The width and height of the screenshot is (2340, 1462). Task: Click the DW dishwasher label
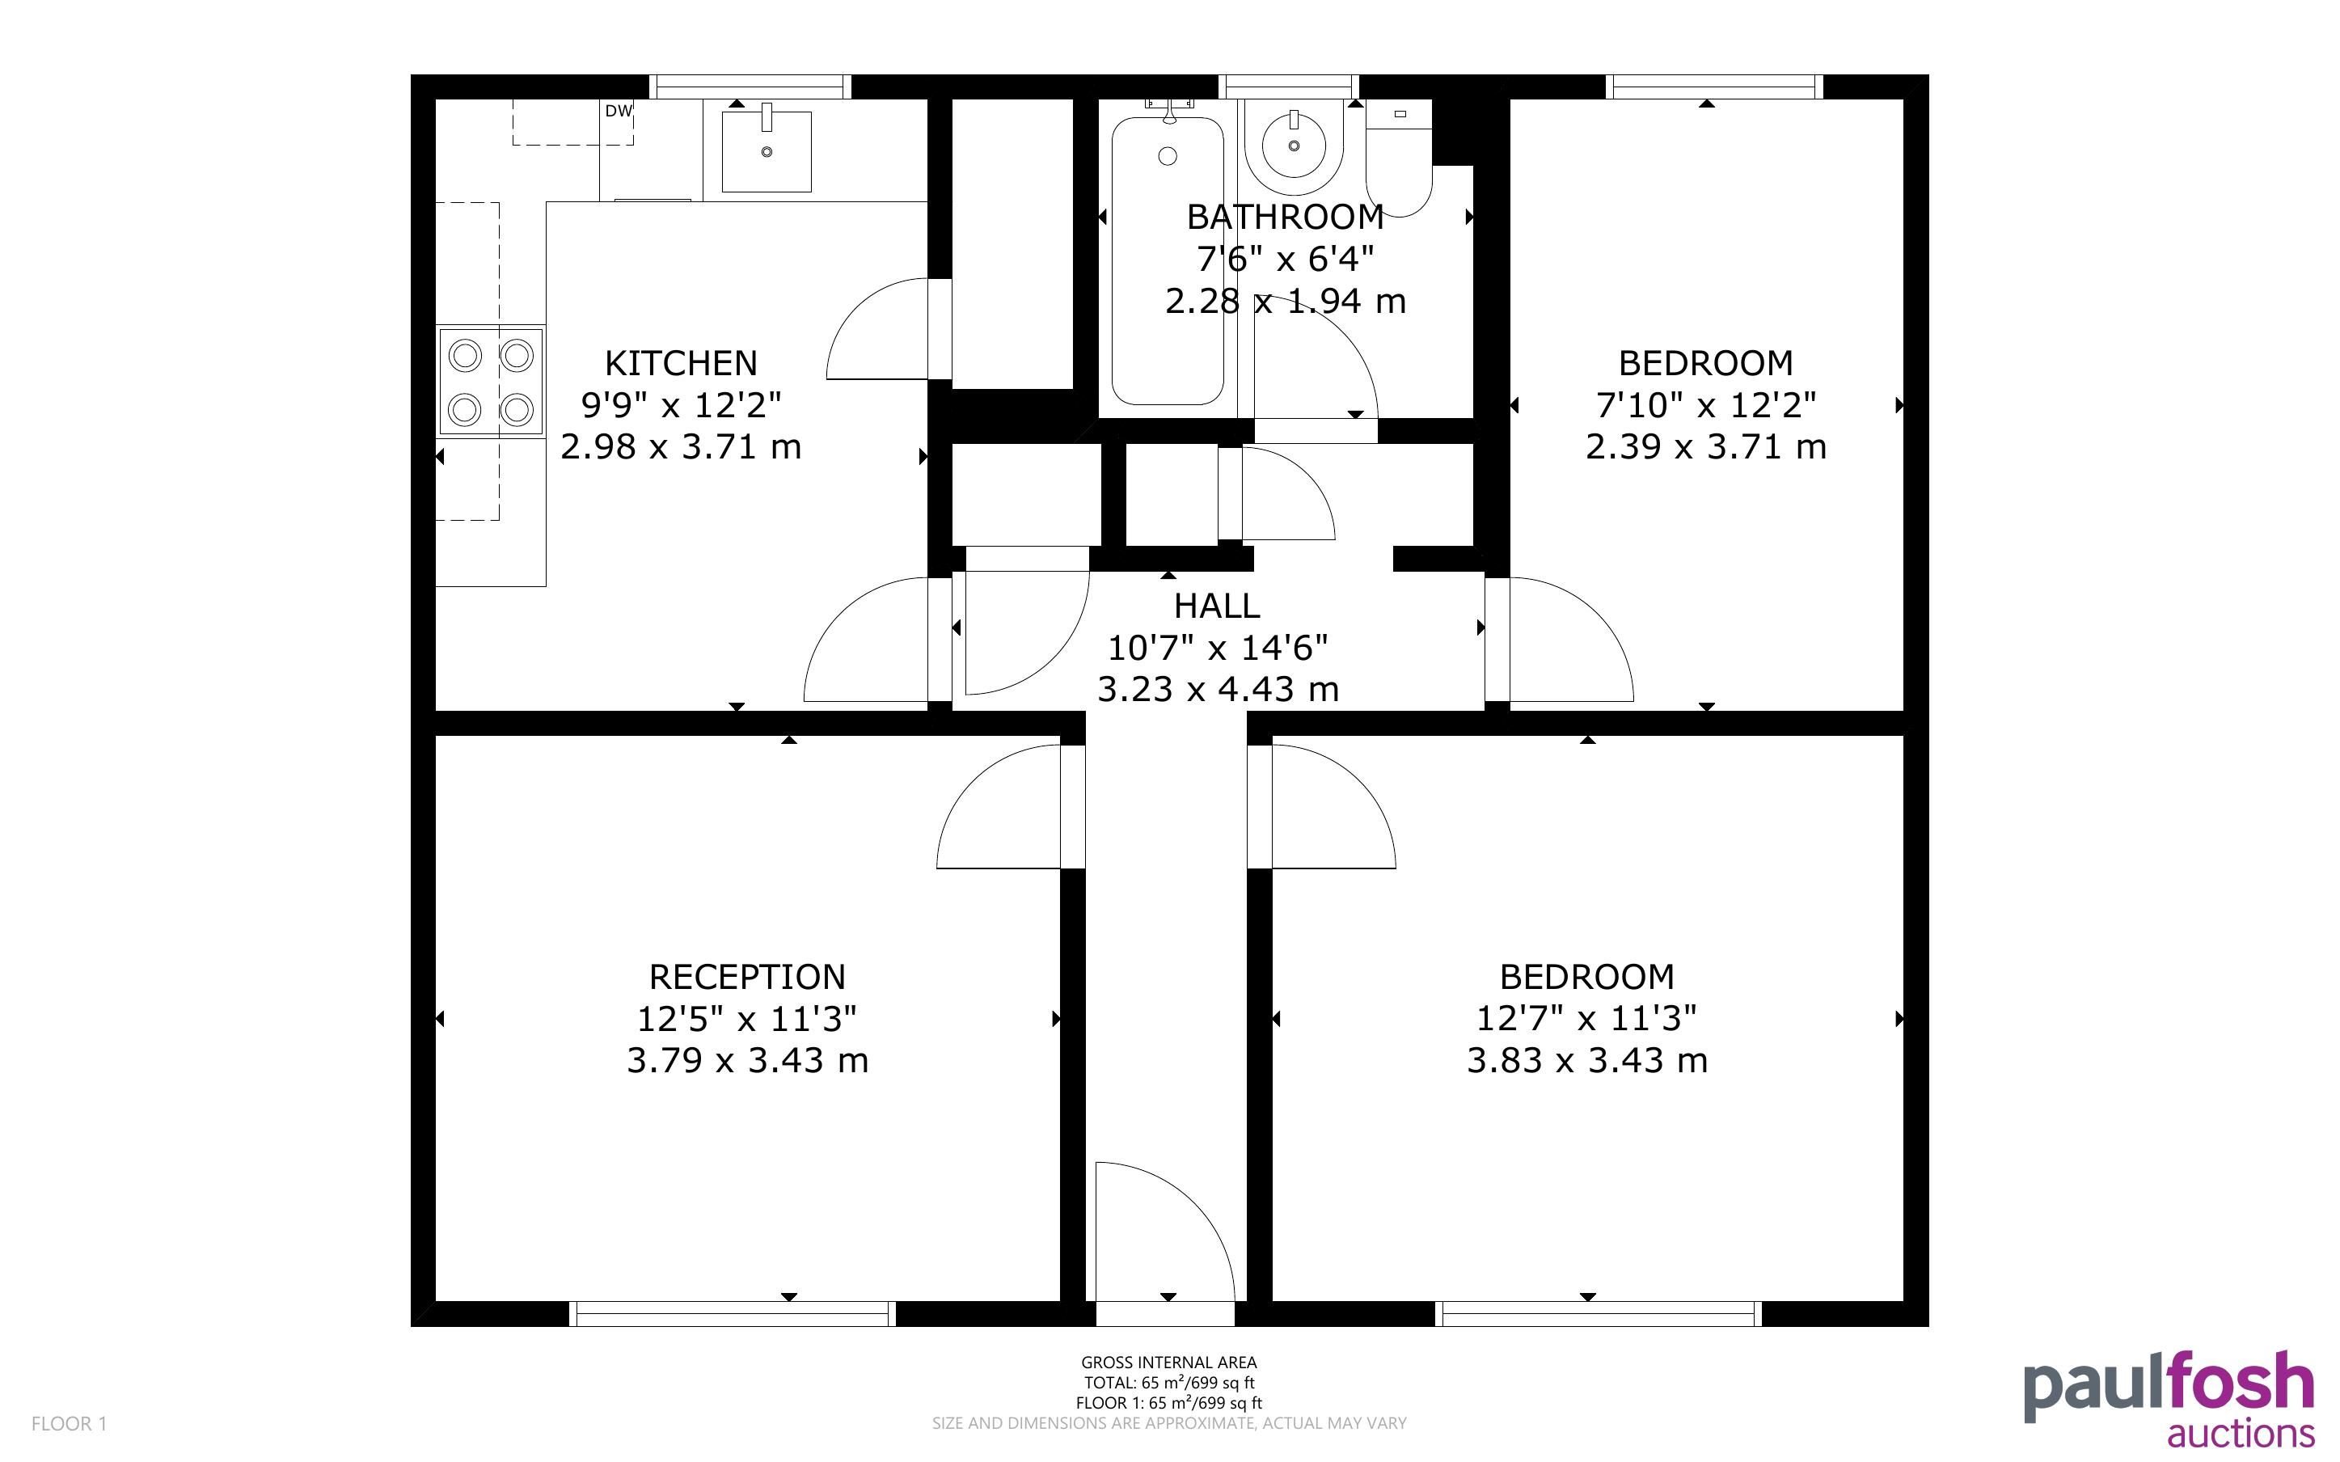click(x=619, y=112)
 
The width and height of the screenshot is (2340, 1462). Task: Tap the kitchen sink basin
click(x=767, y=151)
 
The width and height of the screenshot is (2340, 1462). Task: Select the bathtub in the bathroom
click(x=1168, y=260)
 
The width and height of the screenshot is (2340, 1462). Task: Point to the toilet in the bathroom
click(x=1399, y=159)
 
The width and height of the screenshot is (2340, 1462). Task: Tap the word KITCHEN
click(x=682, y=364)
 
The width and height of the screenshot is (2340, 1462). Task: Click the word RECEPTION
click(x=747, y=977)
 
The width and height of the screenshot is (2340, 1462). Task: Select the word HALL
click(x=1217, y=606)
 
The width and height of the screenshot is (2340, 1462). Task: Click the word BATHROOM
click(x=1286, y=217)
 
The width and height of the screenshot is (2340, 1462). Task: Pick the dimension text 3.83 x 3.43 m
click(x=1587, y=1061)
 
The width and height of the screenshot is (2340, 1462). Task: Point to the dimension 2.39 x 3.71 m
click(x=1706, y=446)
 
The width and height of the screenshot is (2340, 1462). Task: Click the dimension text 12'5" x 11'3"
click(x=747, y=1018)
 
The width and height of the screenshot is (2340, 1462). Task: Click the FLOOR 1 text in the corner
click(x=69, y=1423)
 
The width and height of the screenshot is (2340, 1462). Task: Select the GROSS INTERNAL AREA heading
click(x=1168, y=1363)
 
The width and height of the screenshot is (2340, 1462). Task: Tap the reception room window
click(x=732, y=1313)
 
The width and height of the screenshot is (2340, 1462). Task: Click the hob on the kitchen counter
click(x=491, y=382)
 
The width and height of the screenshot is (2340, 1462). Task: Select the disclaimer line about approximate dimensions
click(x=1168, y=1423)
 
